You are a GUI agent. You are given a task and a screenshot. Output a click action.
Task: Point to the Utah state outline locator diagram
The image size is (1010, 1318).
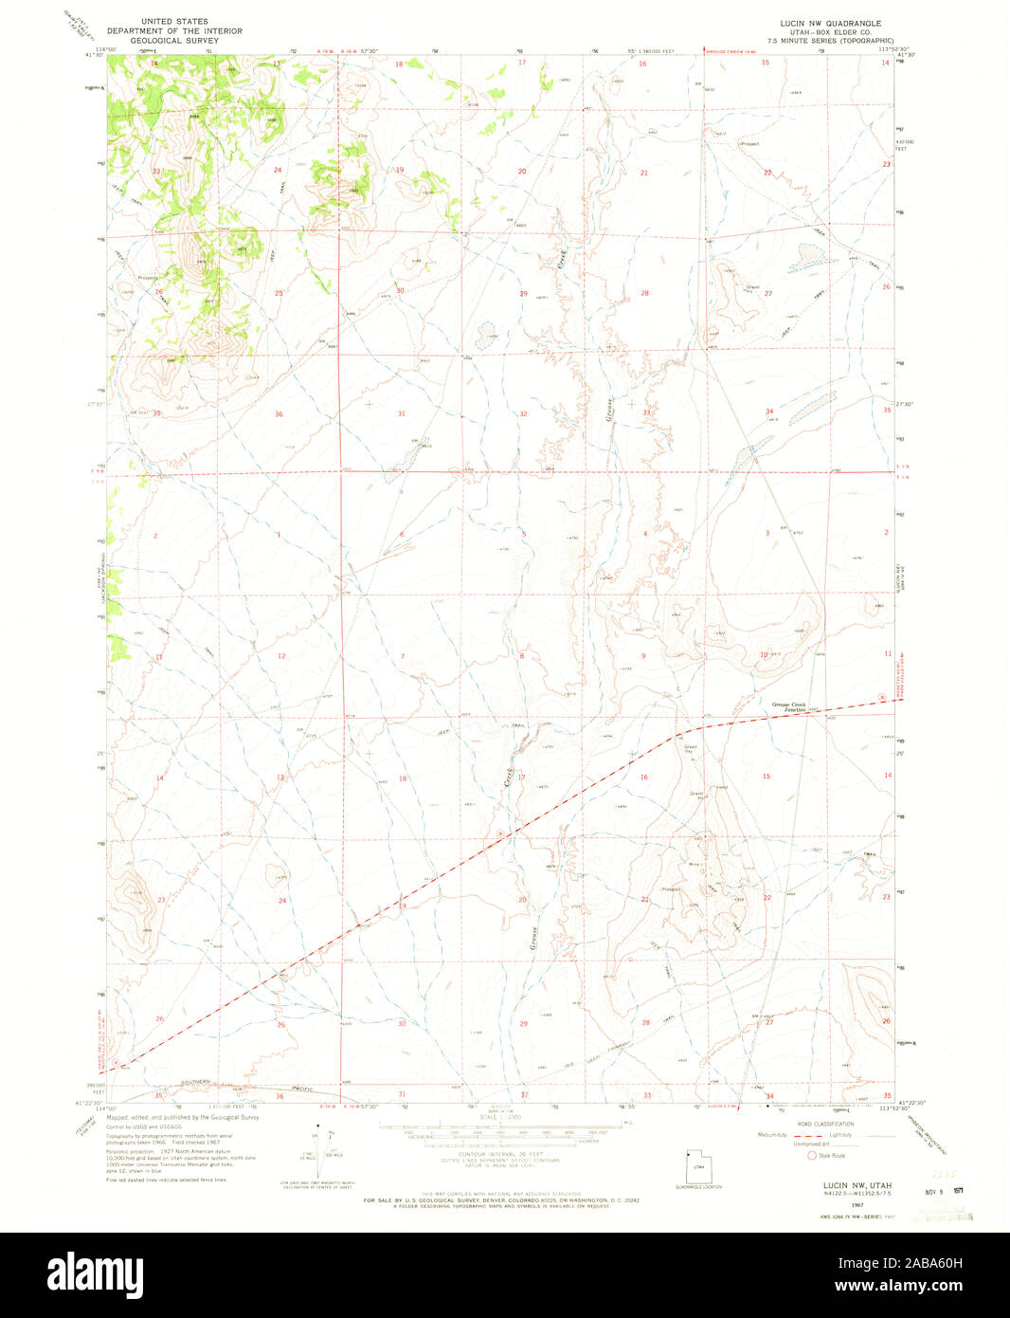coord(696,1168)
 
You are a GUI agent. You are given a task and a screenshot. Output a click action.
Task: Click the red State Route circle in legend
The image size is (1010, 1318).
coord(811,1155)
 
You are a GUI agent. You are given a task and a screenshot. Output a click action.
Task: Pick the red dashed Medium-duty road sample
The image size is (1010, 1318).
coord(806,1135)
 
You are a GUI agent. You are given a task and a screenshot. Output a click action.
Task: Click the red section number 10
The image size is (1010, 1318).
coord(763,655)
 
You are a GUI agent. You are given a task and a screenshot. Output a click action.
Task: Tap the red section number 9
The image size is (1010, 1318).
coord(643,655)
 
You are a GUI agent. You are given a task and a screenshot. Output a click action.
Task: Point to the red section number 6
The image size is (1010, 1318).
coord(402,534)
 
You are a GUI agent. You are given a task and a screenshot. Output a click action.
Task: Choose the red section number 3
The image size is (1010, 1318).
coord(767,533)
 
